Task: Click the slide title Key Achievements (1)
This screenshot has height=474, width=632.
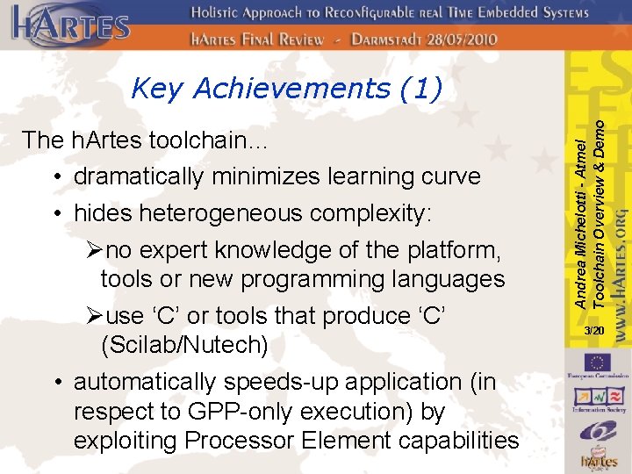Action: click(285, 88)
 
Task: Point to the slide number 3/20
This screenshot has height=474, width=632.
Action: click(594, 330)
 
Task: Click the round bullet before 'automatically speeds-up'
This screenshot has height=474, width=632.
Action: click(56, 383)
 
